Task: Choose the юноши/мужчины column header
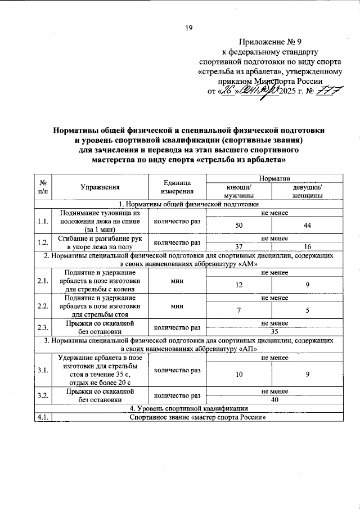[x=238, y=191]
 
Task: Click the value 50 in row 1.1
[x=238, y=225]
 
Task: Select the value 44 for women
[x=307, y=225]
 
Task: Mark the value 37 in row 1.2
[x=238, y=246]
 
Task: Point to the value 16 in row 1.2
[x=307, y=246]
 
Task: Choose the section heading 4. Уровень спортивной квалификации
[x=189, y=408]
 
